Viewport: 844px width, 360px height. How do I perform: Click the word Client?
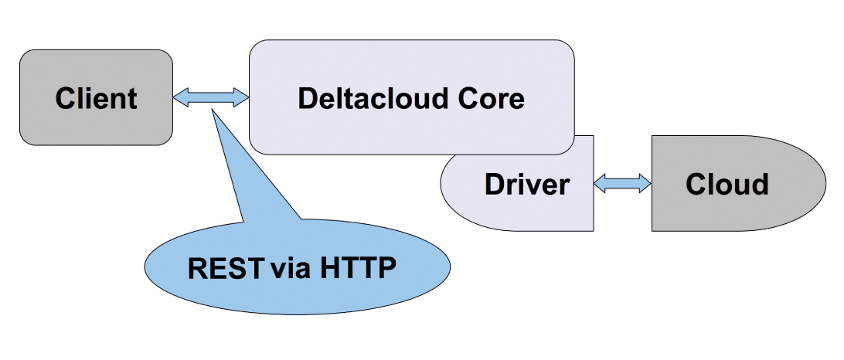pyautogui.click(x=96, y=99)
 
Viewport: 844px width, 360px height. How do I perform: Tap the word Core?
pyautogui.click(x=489, y=99)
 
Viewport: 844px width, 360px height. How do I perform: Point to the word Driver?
pyautogui.click(x=526, y=185)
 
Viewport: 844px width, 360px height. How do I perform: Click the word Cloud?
pyautogui.click(x=727, y=185)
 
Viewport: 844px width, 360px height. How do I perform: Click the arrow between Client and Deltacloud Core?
pyautogui.click(x=211, y=97)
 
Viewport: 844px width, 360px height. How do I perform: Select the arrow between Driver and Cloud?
pyautogui.click(x=622, y=183)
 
